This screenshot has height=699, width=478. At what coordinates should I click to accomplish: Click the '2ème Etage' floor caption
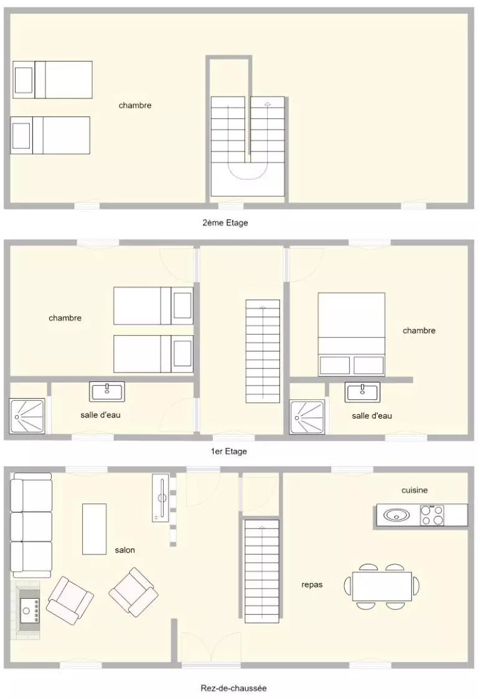point(225,222)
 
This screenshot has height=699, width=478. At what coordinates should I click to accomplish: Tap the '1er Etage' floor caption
point(228,451)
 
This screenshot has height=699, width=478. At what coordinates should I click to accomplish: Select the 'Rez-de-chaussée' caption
point(233,688)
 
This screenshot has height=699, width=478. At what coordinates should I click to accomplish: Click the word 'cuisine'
point(415,490)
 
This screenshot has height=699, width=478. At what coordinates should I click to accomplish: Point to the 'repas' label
point(312,585)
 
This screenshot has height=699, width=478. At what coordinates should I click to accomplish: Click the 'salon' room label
point(124,550)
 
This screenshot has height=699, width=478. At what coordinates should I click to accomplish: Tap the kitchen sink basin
point(397,515)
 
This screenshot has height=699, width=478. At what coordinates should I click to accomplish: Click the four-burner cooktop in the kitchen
point(432,515)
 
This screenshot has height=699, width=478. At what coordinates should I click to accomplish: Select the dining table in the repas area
point(382,587)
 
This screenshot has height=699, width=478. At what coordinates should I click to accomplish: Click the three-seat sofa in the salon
point(30,525)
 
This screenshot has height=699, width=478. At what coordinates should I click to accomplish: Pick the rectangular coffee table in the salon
point(94,529)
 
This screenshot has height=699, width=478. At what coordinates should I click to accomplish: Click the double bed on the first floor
point(352,335)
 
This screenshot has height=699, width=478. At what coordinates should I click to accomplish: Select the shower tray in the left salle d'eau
point(27,416)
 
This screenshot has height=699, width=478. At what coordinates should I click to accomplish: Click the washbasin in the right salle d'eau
point(363,392)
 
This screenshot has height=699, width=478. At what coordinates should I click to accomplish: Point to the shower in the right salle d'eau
point(307,417)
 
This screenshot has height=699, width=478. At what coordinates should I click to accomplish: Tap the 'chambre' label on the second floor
point(135,105)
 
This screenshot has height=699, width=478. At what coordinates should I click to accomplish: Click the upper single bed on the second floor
point(52,80)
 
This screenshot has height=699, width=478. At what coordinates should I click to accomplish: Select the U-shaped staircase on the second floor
point(248,146)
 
